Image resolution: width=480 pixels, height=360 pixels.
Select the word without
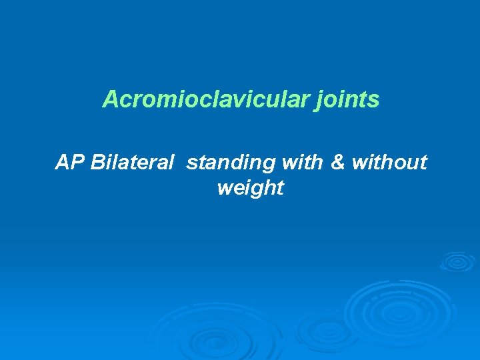pos(389,162)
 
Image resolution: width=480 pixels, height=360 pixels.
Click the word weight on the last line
pos(250,188)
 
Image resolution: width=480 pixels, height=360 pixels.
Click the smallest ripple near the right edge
pos(457,261)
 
